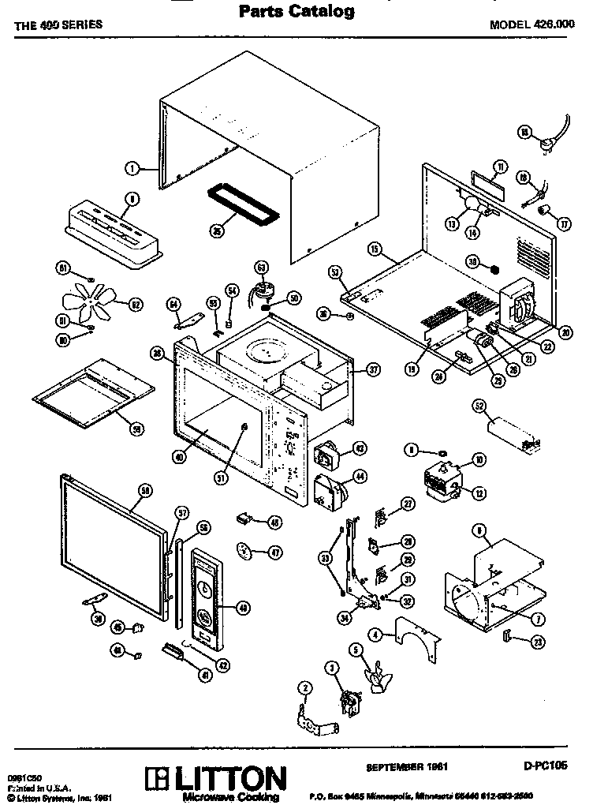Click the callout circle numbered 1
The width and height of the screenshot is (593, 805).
(132, 167)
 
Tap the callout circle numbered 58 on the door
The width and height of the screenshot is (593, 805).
(144, 490)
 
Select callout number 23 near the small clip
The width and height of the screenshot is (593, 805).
(539, 642)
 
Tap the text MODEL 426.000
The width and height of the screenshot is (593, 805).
(534, 24)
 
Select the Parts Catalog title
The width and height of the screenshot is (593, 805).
(296, 11)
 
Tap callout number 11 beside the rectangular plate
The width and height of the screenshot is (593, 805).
(499, 166)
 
